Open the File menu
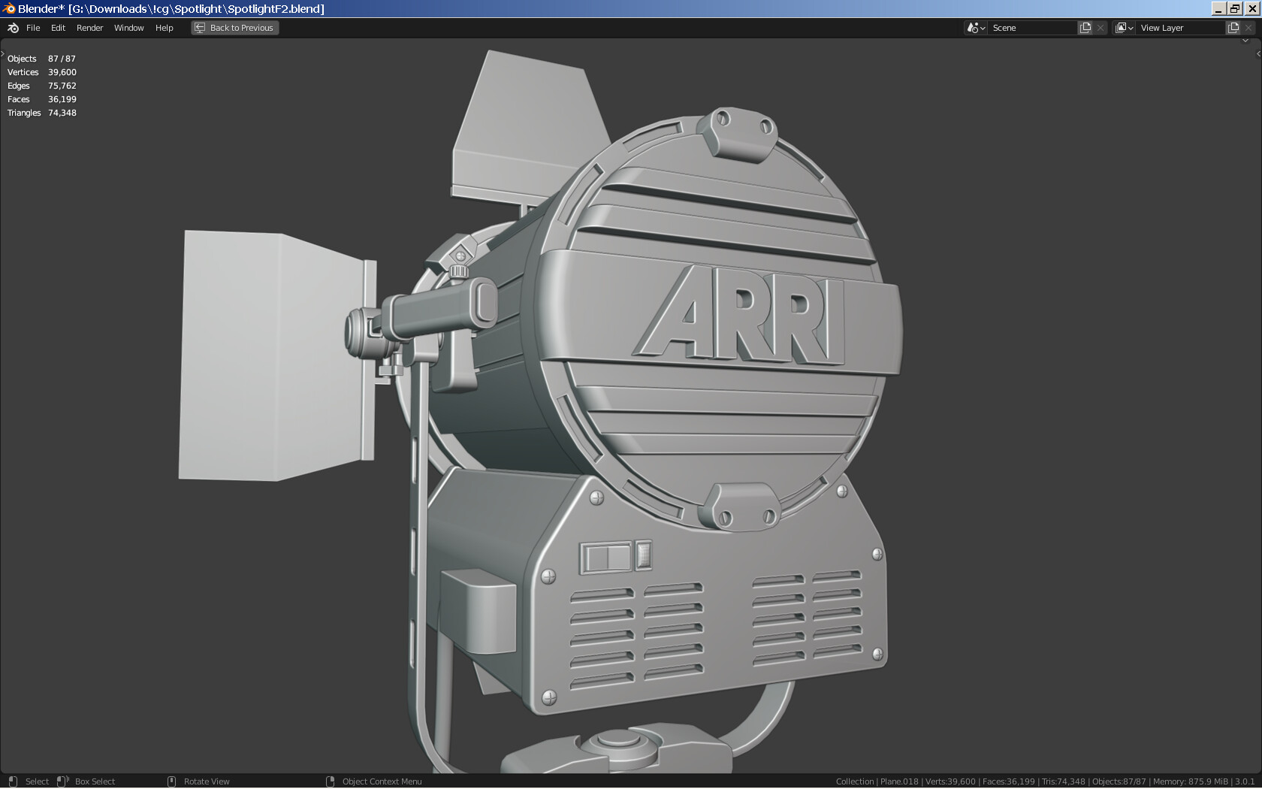point(33,28)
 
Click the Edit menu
point(58,28)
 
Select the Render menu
point(89,28)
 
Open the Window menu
point(128,28)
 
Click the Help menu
point(164,28)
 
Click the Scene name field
point(1033,28)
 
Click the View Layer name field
point(1181,28)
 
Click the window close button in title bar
point(1252,8)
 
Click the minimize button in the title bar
point(1218,8)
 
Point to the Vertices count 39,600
point(62,72)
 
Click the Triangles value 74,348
point(62,113)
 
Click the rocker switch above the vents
point(608,558)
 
